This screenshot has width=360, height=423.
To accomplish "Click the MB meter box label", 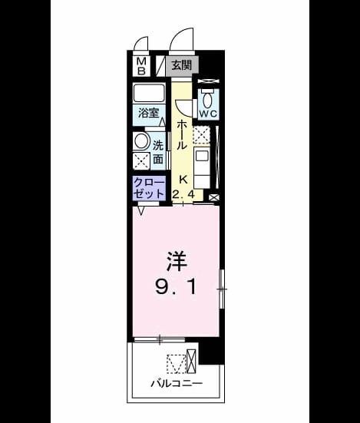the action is (x=141, y=66).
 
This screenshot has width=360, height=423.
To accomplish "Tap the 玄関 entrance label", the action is (x=182, y=65).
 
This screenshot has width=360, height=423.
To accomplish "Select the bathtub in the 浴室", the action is (x=149, y=93).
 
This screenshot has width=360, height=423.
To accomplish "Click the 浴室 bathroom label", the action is (x=148, y=113).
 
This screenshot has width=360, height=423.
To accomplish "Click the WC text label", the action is (x=208, y=114).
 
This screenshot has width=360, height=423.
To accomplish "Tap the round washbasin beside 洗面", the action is (x=141, y=141).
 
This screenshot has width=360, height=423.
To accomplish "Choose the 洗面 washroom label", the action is (x=158, y=153).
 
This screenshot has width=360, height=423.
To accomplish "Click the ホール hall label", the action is (x=181, y=135).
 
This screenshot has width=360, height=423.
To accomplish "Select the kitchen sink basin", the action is (x=202, y=156).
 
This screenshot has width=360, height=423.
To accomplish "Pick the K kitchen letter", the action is (x=183, y=180).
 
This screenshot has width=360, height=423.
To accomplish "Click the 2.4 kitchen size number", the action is (x=183, y=195).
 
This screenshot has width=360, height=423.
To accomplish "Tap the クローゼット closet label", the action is (x=149, y=188).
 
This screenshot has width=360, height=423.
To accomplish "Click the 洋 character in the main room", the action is (x=177, y=261).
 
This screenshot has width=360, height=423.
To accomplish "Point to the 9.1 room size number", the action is (x=176, y=287).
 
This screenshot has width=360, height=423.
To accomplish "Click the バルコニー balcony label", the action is (x=177, y=383).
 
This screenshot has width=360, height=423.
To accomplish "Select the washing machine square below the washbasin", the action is (x=141, y=161).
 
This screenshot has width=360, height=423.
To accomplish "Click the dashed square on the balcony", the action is (x=176, y=364).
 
